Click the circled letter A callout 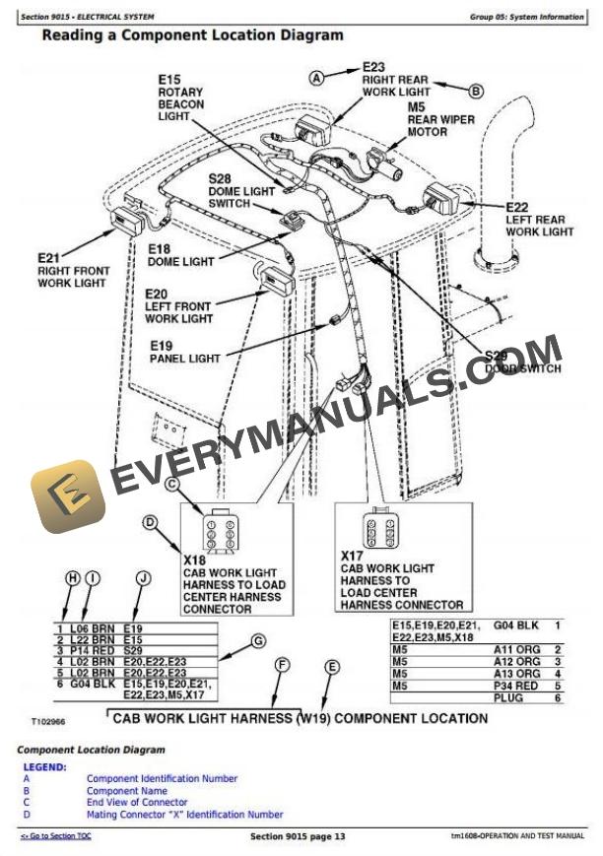coord(317,76)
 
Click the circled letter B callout coord(476,92)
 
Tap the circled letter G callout coord(257,641)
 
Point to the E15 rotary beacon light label coord(181,98)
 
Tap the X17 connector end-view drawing coord(380,529)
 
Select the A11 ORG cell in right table coord(516,649)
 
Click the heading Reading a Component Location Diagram coord(192,35)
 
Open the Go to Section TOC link coord(56,836)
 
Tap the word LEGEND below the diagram coord(44,766)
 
